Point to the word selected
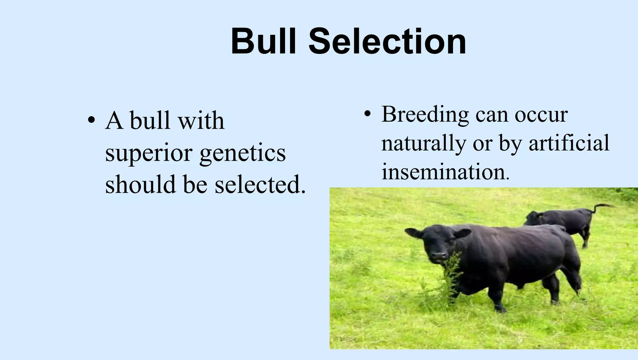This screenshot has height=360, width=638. [x=260, y=184]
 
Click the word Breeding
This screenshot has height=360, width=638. [x=425, y=114]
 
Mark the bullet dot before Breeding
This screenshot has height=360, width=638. [x=367, y=114]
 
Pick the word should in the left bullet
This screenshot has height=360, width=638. [x=140, y=184]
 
